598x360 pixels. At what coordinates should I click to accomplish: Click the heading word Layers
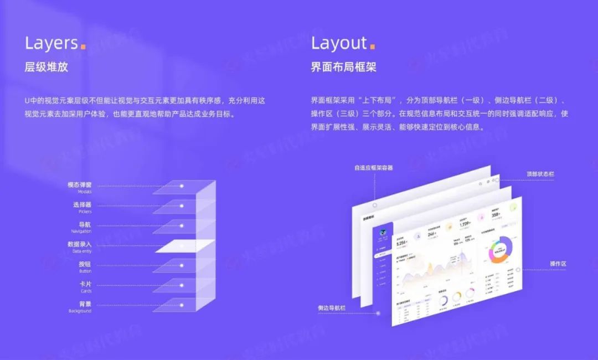click(x=51, y=43)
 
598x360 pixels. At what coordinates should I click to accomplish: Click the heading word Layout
click(x=339, y=43)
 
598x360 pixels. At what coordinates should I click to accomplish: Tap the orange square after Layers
click(x=83, y=47)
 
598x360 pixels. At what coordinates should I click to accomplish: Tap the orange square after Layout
click(x=373, y=47)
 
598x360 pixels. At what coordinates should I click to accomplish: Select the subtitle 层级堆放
click(x=47, y=68)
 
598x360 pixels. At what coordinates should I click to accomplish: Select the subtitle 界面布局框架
click(x=343, y=68)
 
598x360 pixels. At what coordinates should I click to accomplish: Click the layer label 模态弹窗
click(x=79, y=185)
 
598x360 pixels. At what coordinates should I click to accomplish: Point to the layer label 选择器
click(x=82, y=205)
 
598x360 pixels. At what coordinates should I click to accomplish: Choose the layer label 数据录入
click(x=79, y=244)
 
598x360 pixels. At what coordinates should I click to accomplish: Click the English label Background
click(x=80, y=311)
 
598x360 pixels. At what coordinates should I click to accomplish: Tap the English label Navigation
click(x=81, y=232)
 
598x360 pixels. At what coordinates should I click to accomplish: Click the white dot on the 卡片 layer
click(x=181, y=285)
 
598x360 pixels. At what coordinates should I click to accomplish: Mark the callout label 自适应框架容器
click(x=374, y=167)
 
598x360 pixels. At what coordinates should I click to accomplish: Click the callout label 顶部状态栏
click(x=540, y=174)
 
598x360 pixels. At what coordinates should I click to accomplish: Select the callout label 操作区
click(x=558, y=264)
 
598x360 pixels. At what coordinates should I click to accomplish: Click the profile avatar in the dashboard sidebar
click(x=383, y=233)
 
